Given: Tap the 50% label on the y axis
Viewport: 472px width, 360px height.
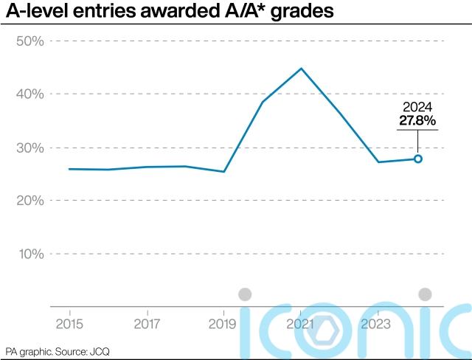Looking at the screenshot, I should click(30, 41).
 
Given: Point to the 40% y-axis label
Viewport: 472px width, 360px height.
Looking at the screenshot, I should click(30, 94).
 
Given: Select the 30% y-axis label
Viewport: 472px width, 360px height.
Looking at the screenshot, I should click(30, 148).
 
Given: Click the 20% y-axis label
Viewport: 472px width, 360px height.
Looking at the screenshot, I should click(30, 201).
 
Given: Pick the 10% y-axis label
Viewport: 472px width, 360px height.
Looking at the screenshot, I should click(30, 254).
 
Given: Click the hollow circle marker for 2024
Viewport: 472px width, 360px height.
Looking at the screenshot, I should click(417, 159).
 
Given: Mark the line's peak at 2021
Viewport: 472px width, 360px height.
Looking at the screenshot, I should click(301, 69).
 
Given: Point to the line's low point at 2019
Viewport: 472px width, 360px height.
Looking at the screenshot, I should click(224, 172).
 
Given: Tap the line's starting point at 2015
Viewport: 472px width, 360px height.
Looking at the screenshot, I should click(69, 169).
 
